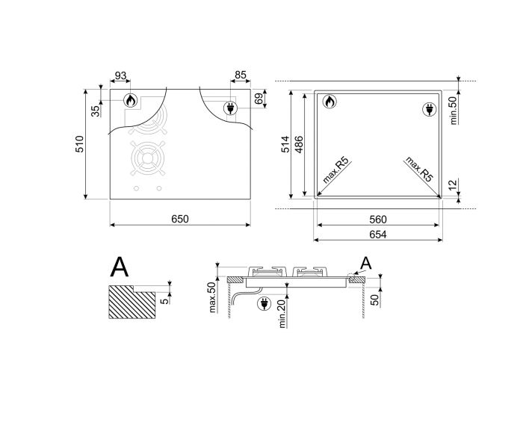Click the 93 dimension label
(120, 75)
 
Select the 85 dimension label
(241, 75)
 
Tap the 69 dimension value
(259, 99)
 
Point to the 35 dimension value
(96, 111)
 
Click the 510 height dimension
(79, 144)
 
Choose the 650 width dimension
(180, 219)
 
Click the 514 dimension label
(285, 144)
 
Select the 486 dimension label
(299, 144)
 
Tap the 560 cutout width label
(378, 220)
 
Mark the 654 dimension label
(378, 235)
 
